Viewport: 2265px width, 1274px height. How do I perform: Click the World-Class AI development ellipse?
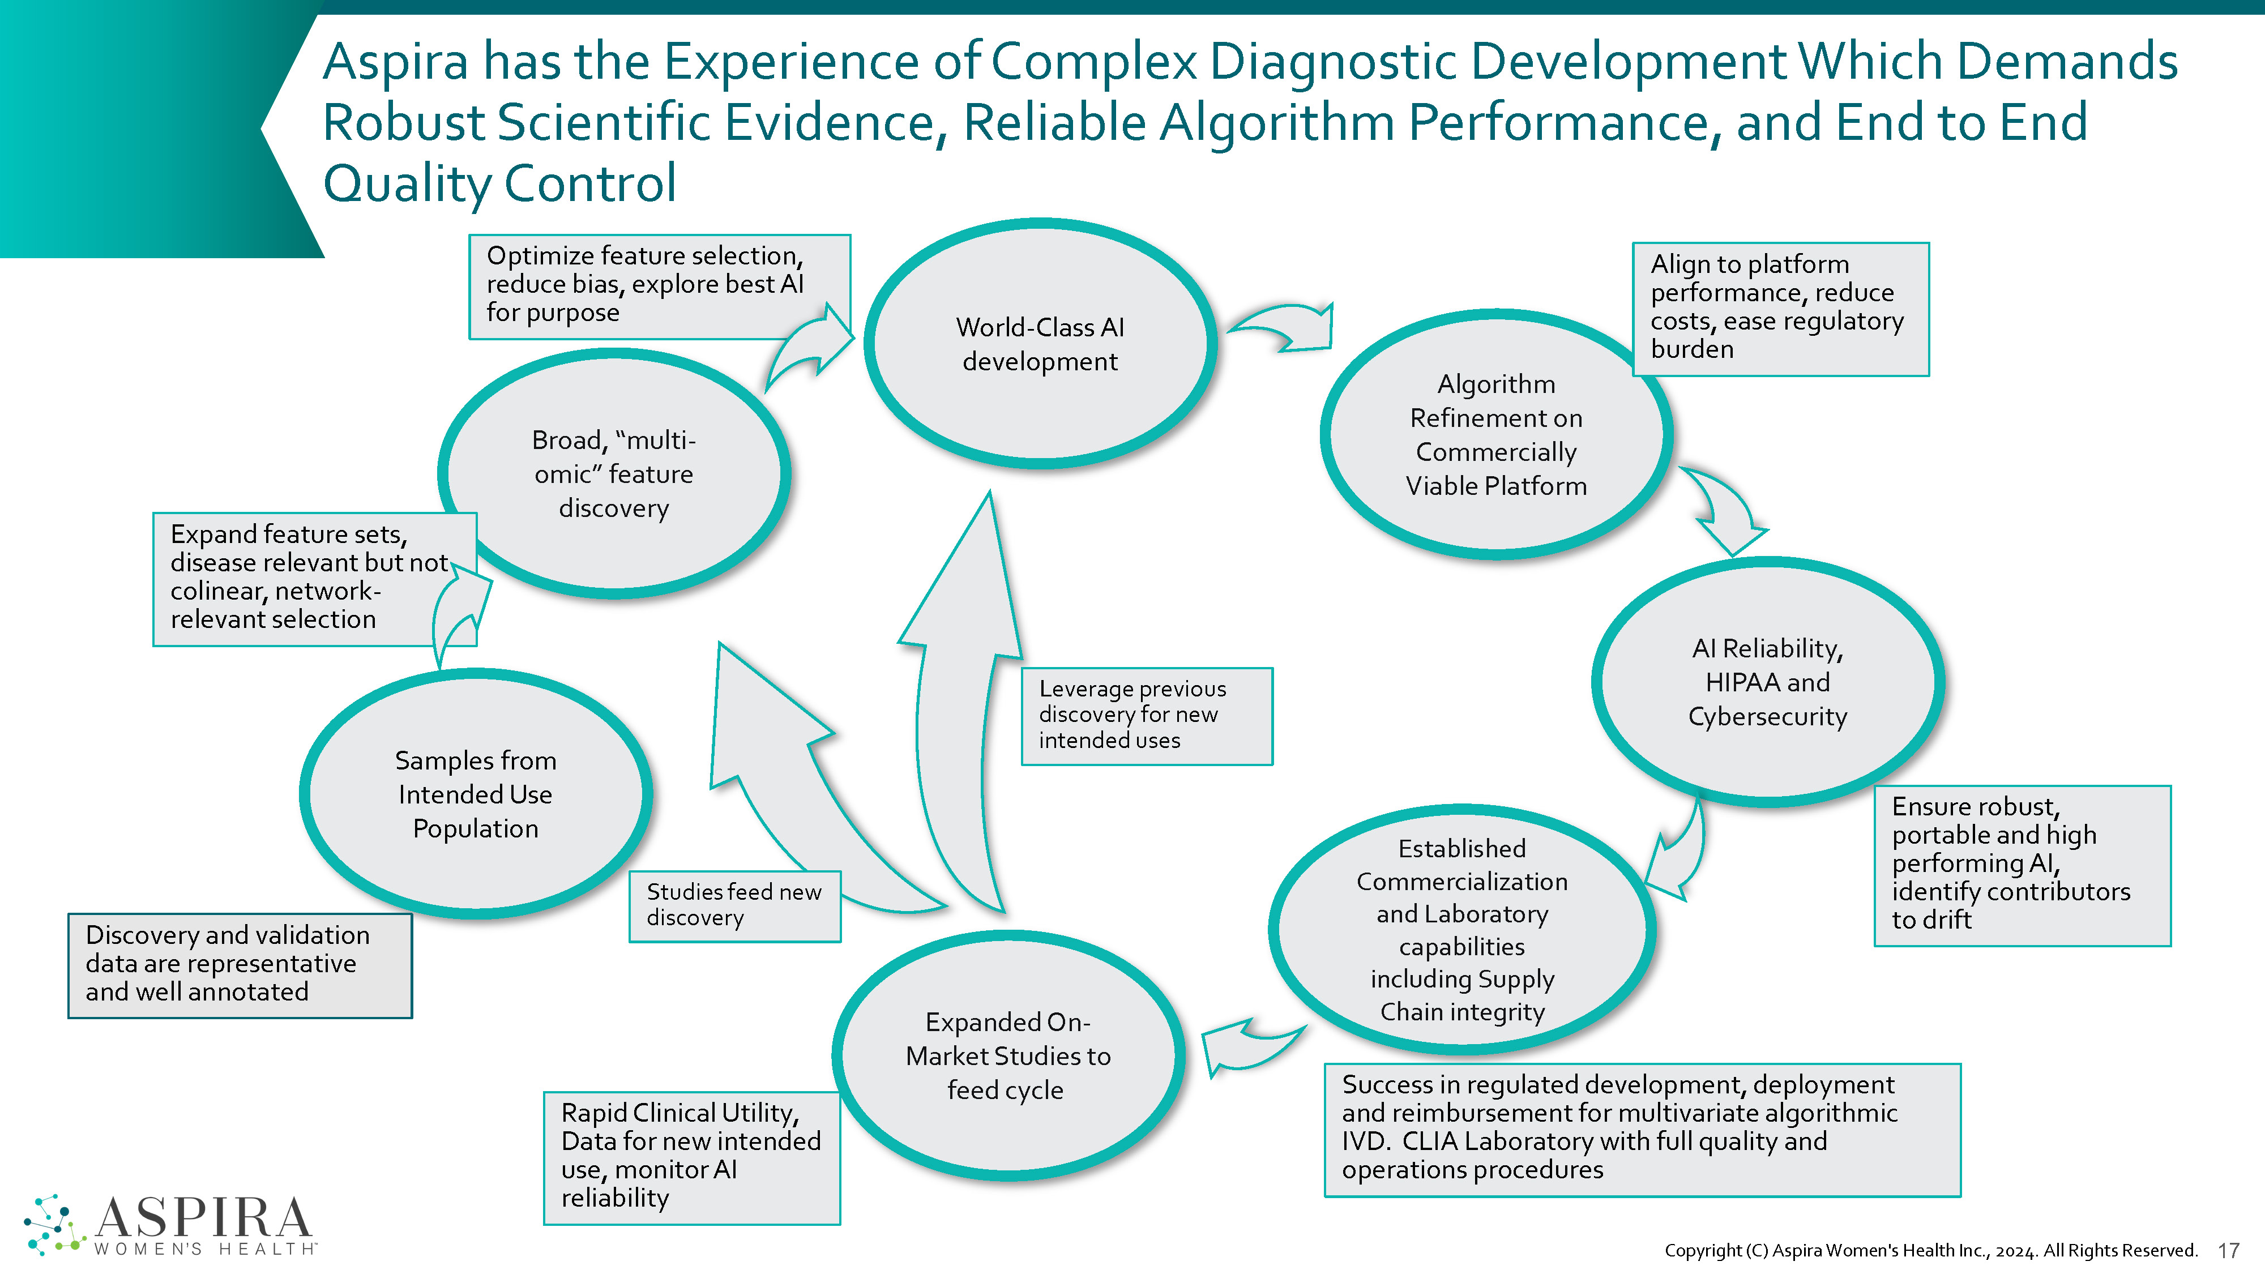(x=1040, y=344)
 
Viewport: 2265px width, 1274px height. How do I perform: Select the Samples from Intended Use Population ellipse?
(x=475, y=794)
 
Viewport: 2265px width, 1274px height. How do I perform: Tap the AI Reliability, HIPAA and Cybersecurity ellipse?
(x=1767, y=682)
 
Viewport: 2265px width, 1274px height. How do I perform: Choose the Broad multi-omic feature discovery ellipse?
(x=614, y=474)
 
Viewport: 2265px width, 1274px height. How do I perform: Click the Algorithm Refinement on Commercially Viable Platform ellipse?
(x=1495, y=434)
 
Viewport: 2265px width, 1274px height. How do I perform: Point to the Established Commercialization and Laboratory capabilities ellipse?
(x=1462, y=929)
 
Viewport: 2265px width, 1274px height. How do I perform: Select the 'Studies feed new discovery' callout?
(x=734, y=905)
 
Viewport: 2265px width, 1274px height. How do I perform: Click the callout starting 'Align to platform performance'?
(x=1780, y=307)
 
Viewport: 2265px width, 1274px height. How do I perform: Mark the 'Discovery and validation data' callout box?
(x=239, y=964)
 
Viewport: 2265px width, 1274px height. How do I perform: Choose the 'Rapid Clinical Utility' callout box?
(x=691, y=1156)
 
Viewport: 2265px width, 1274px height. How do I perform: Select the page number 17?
(x=2229, y=1250)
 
